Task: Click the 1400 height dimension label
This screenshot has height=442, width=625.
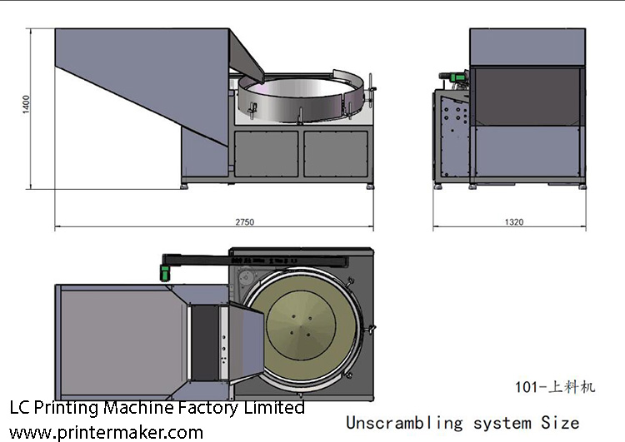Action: click(x=27, y=105)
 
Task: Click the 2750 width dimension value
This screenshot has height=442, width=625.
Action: click(x=245, y=222)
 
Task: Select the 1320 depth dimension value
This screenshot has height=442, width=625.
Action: click(x=515, y=222)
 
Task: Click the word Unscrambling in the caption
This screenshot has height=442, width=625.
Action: click(x=403, y=422)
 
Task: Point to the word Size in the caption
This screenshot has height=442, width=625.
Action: click(x=560, y=422)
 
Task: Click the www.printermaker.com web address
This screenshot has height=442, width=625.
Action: click(x=106, y=432)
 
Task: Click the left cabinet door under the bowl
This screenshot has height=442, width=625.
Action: click(x=266, y=153)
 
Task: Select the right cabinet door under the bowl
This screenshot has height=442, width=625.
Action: click(x=336, y=153)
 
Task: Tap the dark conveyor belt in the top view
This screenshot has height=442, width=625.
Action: click(x=204, y=341)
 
